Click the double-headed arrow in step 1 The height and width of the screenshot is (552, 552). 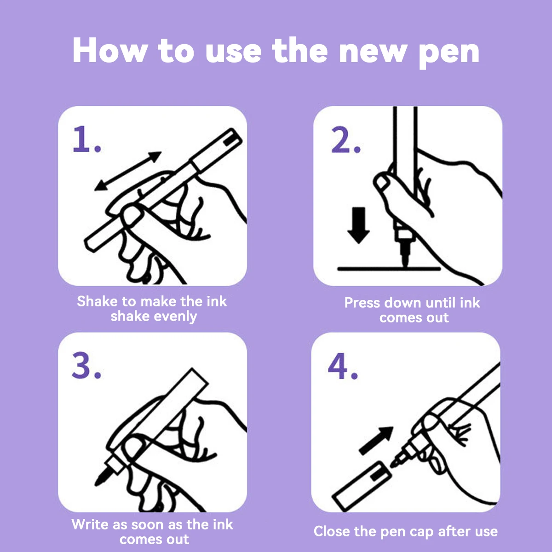pos(128,171)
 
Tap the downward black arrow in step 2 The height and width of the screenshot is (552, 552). pos(358,225)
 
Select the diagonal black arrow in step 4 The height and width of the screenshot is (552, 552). pos(376,440)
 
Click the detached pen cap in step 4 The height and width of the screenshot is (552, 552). pos(362,486)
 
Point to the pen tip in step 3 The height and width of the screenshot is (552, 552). pos(102,477)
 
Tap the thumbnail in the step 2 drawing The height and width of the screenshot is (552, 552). pos(381,182)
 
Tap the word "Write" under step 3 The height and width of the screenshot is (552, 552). pos(90,524)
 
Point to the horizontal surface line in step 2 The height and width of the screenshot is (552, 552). pos(389,269)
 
